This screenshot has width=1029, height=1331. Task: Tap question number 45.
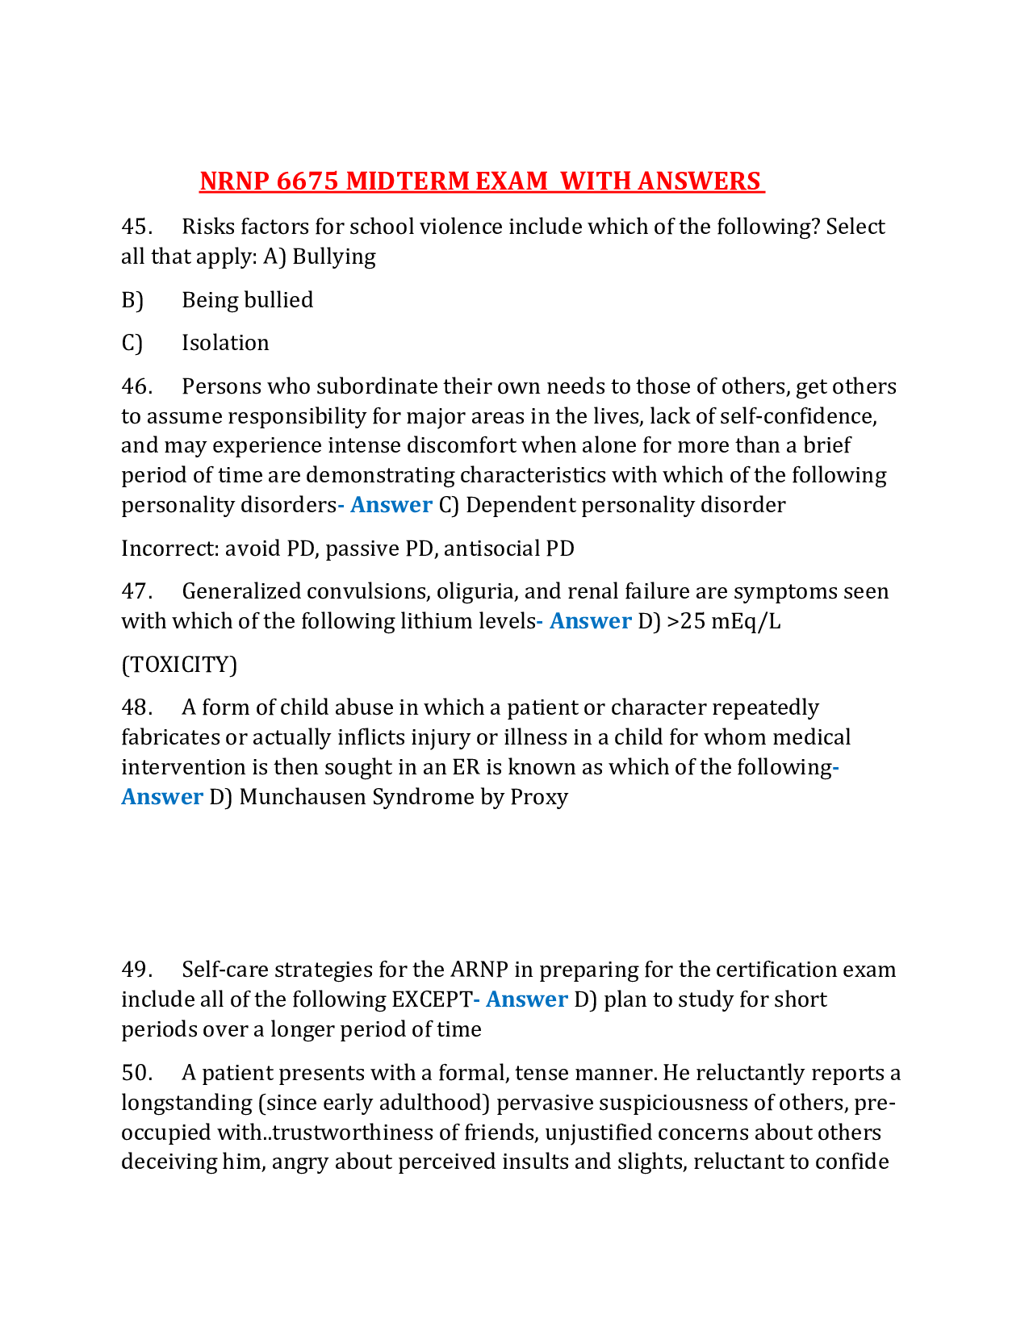pos(136,227)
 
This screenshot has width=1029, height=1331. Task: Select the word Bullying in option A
pos(334,257)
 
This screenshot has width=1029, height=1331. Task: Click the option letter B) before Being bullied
pos(132,300)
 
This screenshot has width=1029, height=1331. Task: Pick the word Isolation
pos(225,343)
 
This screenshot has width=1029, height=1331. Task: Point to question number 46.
pos(136,386)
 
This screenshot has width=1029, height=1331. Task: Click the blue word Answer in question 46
pos(391,505)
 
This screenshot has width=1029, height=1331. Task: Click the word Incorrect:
pos(169,549)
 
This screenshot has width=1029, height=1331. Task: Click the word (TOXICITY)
pos(179,665)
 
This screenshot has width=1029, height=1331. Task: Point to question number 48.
pos(136,707)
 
